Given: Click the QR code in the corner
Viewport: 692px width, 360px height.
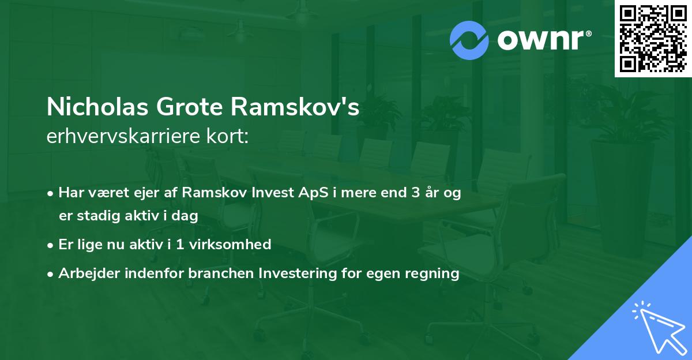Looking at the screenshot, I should tap(653, 39).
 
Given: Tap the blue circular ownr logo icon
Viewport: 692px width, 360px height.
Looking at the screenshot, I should tap(469, 40).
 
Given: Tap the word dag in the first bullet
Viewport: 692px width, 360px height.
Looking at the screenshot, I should tap(186, 216).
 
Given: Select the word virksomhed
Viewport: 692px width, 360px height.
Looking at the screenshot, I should tap(241, 245).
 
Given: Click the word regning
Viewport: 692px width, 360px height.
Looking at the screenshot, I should tap(432, 273).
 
